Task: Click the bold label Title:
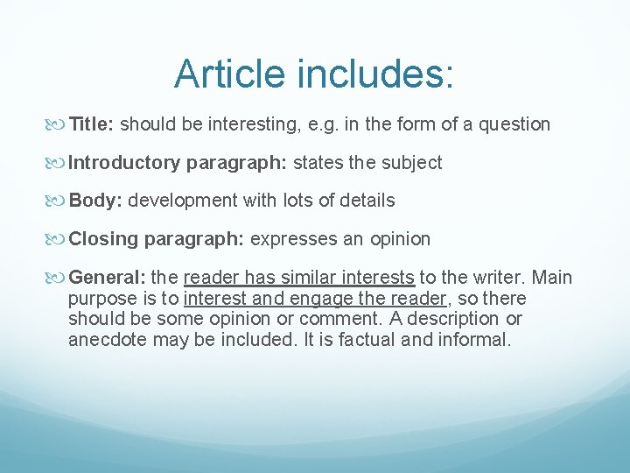click(91, 124)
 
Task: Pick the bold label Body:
click(95, 201)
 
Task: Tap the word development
click(181, 201)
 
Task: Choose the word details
click(367, 201)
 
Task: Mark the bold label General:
click(107, 278)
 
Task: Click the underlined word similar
click(310, 278)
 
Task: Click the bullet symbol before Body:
click(59, 201)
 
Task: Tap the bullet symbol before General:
click(59, 279)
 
